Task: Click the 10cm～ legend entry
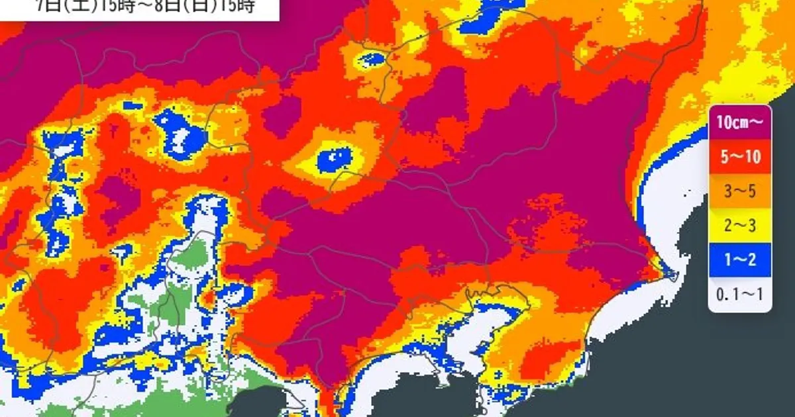[740, 122]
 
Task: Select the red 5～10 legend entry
[740, 157]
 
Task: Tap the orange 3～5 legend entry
[740, 192]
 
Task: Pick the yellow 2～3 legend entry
[740, 227]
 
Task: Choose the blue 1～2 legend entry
[740, 261]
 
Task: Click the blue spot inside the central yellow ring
[335, 159]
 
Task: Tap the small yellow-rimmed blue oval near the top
[373, 60]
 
